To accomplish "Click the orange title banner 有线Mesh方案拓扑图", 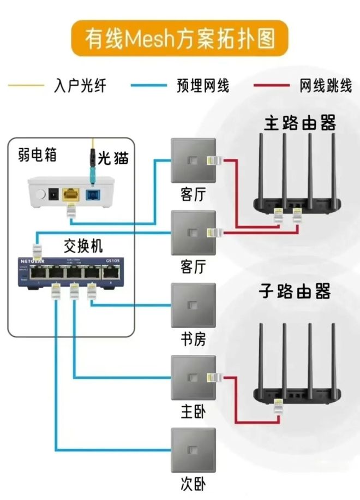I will pos(179,38).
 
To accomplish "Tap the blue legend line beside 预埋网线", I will pos(149,85).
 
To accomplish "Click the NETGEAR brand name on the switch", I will pos(33,260).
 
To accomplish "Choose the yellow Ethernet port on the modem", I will pos(70,193).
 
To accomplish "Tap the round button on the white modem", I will pos(39,194).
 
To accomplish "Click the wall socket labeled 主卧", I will pos(193,378).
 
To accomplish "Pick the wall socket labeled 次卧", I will pos(193,450).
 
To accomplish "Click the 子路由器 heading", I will pos(295,291).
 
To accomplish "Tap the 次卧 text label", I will pos(193,483).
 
